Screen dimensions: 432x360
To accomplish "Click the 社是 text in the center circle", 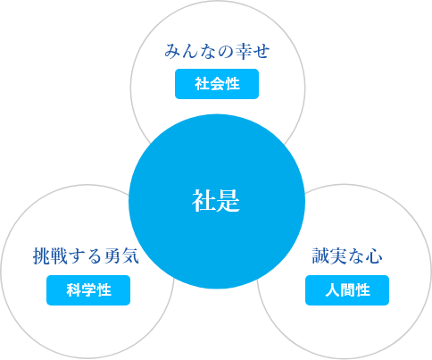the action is click(216, 201).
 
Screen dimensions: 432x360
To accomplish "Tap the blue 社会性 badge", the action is click(217, 84).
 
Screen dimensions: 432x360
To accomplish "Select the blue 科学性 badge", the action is click(88, 290).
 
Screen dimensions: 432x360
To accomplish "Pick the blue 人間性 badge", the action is click(347, 290).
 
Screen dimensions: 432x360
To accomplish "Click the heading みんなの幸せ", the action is click(217, 51).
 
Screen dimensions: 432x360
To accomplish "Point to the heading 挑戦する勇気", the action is click(86, 256).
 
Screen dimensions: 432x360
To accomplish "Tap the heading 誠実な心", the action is click(347, 256).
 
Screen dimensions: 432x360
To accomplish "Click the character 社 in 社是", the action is click(204, 201).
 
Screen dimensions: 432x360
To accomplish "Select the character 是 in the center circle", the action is click(228, 201).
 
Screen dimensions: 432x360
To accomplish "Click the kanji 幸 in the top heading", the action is click(244, 51).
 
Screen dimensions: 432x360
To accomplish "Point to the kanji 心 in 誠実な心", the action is click(374, 256).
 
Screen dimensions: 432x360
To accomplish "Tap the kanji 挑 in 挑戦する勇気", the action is click(41, 256).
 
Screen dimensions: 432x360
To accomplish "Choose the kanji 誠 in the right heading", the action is click(320, 256).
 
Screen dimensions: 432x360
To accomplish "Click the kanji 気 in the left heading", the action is click(130, 256).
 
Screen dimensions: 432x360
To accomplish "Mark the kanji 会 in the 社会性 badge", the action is click(217, 84).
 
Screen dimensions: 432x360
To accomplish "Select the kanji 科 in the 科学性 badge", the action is click(73, 290).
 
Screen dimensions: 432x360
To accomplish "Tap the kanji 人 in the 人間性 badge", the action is click(332, 290).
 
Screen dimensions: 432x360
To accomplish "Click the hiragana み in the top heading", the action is click(173, 51).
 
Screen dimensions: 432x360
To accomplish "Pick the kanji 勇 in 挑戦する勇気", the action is click(112, 256).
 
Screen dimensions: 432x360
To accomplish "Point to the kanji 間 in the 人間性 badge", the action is click(347, 290).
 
